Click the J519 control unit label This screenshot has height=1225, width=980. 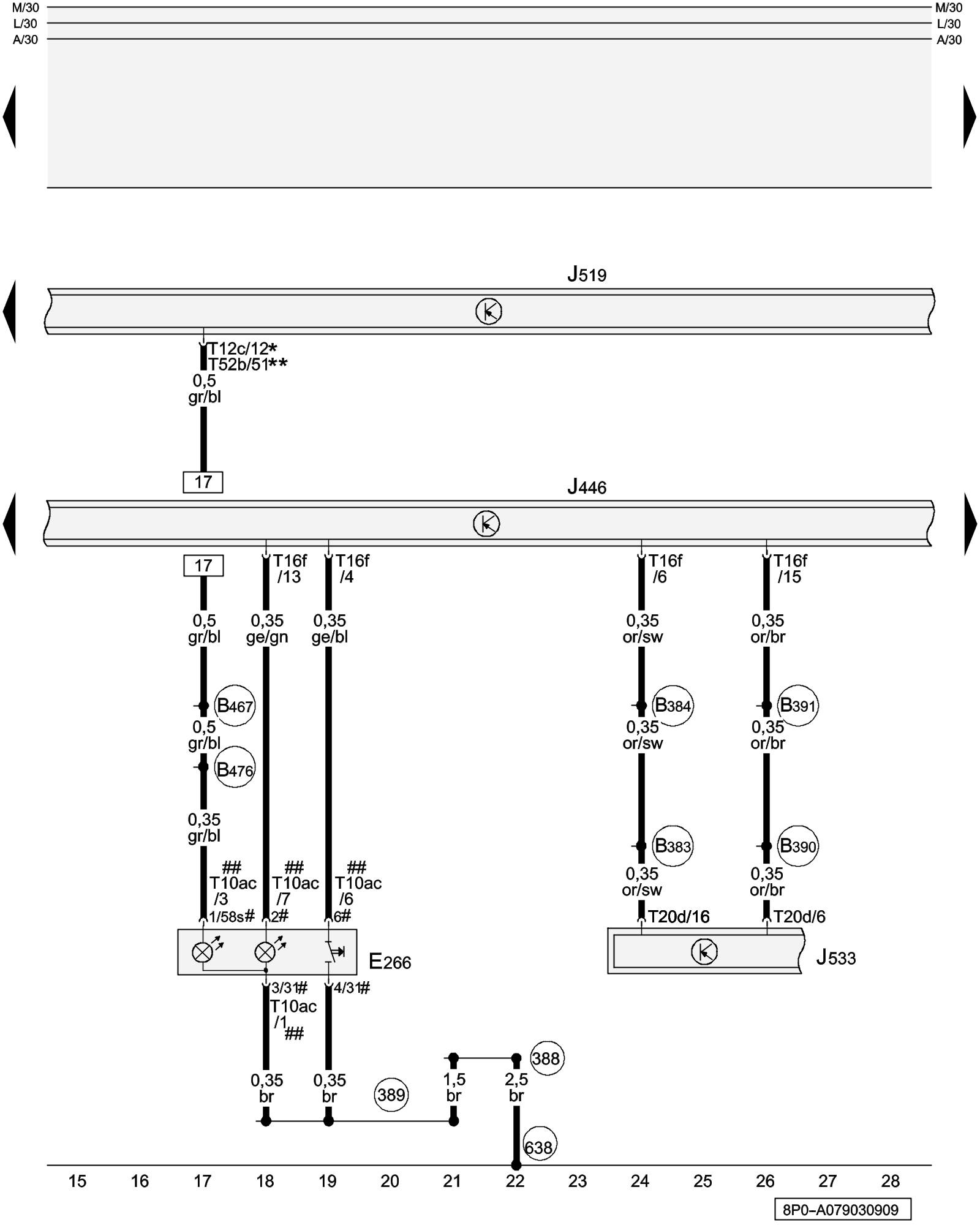tap(586, 274)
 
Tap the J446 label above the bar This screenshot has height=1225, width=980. tap(586, 487)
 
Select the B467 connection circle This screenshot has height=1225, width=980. tap(235, 706)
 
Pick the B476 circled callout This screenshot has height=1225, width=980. tap(235, 769)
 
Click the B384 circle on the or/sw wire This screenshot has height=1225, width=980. tap(673, 706)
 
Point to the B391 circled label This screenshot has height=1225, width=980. tap(798, 706)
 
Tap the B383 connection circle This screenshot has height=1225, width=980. tap(673, 846)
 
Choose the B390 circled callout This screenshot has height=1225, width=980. tap(798, 846)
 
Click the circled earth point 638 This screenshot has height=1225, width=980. tap(538, 1147)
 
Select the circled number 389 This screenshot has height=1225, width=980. tap(391, 1095)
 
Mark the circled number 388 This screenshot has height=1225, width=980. tap(546, 1058)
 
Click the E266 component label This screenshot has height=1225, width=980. tap(390, 962)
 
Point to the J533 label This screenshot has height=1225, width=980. tap(835, 957)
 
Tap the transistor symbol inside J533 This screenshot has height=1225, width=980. tap(704, 952)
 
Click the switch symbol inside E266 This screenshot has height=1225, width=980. tap(334, 952)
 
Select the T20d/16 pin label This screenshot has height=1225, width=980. tap(679, 917)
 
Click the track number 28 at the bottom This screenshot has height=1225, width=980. tap(890, 1181)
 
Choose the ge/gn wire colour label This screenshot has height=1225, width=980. tap(267, 637)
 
